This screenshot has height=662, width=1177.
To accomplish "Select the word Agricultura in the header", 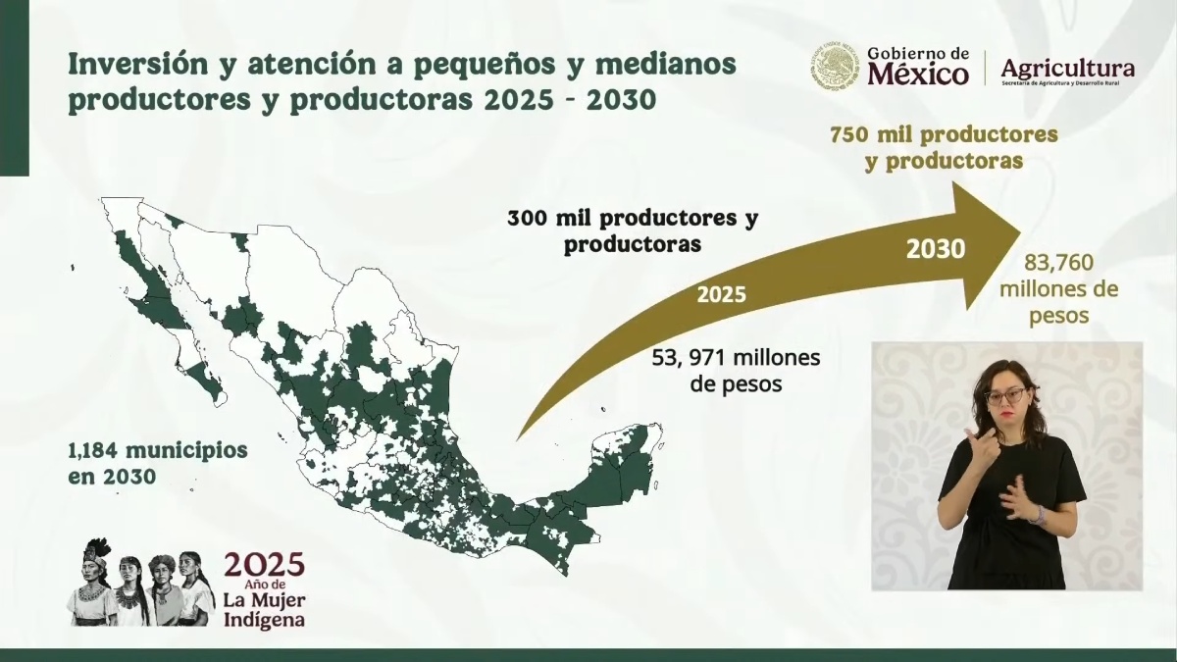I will coord(1067,68).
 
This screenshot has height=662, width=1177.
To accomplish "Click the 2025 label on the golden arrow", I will coord(721,294).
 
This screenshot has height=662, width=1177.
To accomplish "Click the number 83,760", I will coord(1058,263).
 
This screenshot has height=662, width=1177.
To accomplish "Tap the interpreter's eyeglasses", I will coord(1006,396).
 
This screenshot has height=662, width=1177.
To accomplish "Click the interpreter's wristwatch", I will coord(1039,513).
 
